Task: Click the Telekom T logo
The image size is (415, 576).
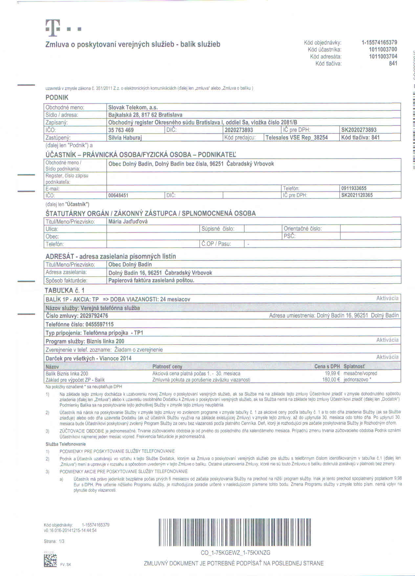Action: coord(52,28)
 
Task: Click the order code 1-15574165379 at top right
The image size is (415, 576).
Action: coord(379,42)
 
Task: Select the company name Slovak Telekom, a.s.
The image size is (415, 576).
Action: coord(133,107)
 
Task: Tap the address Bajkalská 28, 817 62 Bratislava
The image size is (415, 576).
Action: coord(145,115)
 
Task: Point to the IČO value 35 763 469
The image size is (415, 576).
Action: coord(121,130)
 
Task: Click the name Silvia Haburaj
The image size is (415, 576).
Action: coord(125,138)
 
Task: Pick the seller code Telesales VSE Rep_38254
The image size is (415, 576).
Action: coord(296,138)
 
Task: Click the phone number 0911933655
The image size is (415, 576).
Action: coord(354,188)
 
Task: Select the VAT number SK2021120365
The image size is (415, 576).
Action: coord(357,195)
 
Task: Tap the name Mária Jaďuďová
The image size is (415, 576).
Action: coord(128,222)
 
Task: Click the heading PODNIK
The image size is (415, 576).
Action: coord(57,97)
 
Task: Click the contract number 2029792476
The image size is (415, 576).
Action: coord(94,316)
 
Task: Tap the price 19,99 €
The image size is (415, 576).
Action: coord(332,373)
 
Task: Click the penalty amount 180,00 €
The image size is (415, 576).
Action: coord(331,380)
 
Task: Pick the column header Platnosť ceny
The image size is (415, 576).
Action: coord(167,367)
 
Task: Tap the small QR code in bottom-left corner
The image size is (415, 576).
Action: coord(50,561)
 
